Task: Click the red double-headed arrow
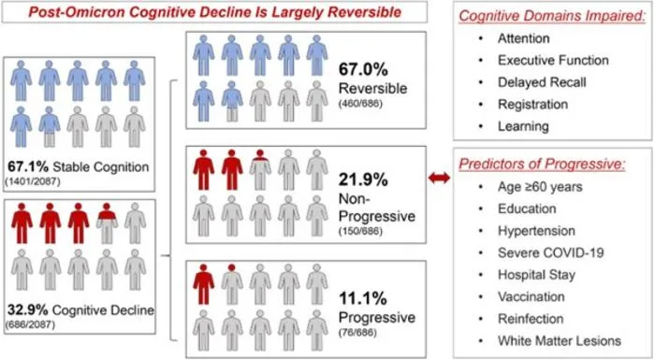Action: tap(439, 178)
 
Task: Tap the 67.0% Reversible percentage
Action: tap(363, 69)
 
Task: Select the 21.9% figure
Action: tap(363, 180)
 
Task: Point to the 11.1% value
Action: tap(363, 298)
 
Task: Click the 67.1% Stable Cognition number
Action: tap(28, 166)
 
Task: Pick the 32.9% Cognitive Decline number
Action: tap(27, 310)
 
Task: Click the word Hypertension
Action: tap(536, 231)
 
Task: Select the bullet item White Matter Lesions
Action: tap(560, 340)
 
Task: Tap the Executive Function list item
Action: tap(553, 60)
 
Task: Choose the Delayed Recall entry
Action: tap(542, 82)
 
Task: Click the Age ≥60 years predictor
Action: tap(540, 187)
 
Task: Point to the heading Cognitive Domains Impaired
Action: tap(552, 16)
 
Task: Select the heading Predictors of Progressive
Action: tap(542, 164)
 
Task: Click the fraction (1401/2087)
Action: tap(33, 181)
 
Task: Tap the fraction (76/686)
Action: tap(357, 333)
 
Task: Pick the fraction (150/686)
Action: tap(360, 231)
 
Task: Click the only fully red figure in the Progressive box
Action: tap(203, 283)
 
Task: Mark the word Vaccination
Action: tap(531, 297)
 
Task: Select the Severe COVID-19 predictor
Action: tap(550, 252)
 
